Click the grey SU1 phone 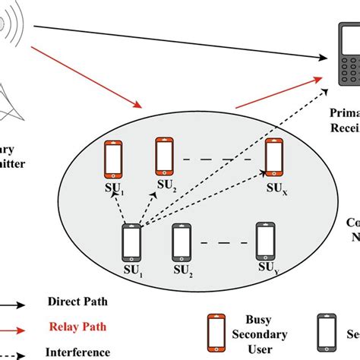(131, 242)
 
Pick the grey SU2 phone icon (182, 242)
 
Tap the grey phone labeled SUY (265, 240)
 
